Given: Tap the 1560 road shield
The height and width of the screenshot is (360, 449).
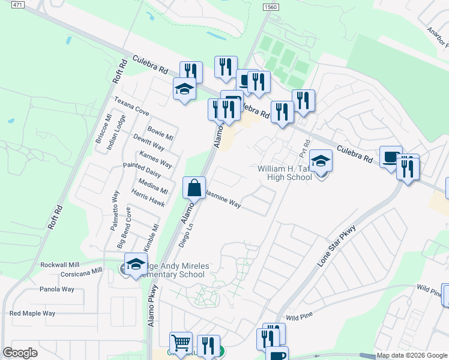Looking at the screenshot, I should pyautogui.click(x=271, y=5).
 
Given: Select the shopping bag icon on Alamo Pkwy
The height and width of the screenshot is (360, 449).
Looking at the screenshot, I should pyautogui.click(x=194, y=188).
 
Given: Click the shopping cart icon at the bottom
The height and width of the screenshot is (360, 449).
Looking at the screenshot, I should pyautogui.click(x=180, y=343).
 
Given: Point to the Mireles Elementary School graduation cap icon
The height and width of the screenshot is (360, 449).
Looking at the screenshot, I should pyautogui.click(x=136, y=264).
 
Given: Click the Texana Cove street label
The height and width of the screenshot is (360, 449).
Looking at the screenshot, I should pyautogui.click(x=131, y=107).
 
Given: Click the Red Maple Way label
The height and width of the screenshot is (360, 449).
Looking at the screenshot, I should pyautogui.click(x=32, y=313).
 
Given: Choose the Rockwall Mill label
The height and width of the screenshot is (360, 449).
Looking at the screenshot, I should pyautogui.click(x=60, y=265).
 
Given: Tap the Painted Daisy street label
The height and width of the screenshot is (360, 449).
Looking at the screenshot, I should pyautogui.click(x=142, y=169).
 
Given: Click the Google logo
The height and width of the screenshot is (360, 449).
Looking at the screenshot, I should pyautogui.click(x=20, y=353).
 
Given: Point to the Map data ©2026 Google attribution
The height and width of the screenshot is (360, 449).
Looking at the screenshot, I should pyautogui.click(x=411, y=355).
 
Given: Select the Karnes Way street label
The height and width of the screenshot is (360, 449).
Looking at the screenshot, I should pyautogui.click(x=155, y=159).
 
